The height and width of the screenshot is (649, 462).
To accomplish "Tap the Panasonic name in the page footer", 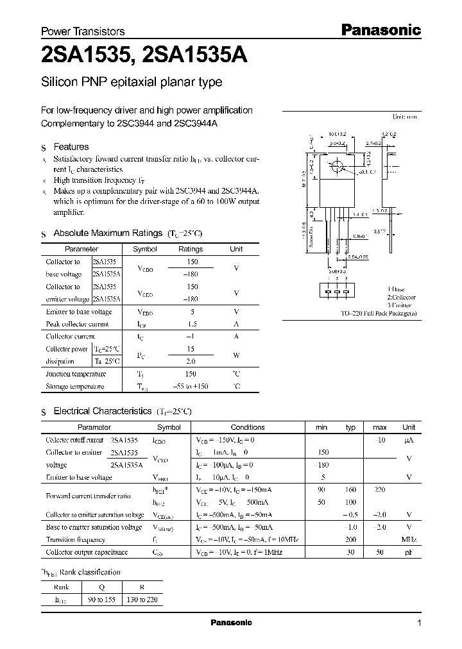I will pyautogui.click(x=231, y=623).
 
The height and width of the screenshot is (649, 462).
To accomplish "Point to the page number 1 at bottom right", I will pyautogui.click(x=419, y=623).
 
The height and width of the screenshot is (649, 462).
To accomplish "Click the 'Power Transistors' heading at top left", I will pyautogui.click(x=83, y=31).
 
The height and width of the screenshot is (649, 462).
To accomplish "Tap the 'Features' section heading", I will pyautogui.click(x=71, y=147).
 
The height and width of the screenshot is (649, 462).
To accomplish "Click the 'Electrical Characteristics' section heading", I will pyautogui.click(x=102, y=410).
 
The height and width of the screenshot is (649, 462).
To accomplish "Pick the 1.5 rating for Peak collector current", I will pyautogui.click(x=191, y=324).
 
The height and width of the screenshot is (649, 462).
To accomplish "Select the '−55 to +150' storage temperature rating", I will pyautogui.click(x=191, y=386).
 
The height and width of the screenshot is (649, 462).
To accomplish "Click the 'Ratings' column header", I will pyautogui.click(x=191, y=249).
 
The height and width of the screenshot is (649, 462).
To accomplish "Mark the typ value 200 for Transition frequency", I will pyautogui.click(x=350, y=539).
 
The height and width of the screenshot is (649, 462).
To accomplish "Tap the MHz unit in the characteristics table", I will pyautogui.click(x=408, y=539).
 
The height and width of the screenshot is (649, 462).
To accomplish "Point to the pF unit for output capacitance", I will pyautogui.click(x=408, y=552).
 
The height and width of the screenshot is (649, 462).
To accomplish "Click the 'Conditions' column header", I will pyautogui.click(x=247, y=427).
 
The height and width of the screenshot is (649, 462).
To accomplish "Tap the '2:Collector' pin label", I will pyautogui.click(x=401, y=298).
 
